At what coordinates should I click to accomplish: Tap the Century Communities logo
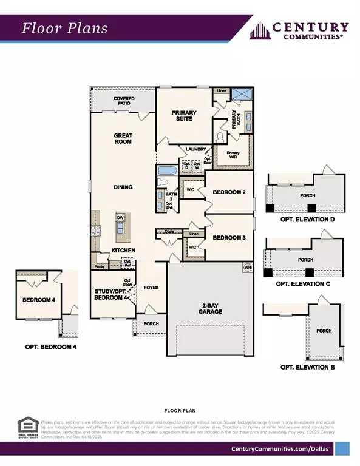pos(301,30)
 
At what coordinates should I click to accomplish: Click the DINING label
pos(123,187)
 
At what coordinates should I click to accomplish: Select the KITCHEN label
pos(123,250)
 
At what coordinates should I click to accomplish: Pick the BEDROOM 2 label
pos(228,192)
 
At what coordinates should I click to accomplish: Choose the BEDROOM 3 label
pos(228,238)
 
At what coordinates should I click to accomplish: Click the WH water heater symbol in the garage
pos(247,267)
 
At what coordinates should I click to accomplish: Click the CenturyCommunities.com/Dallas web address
pos(280,448)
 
